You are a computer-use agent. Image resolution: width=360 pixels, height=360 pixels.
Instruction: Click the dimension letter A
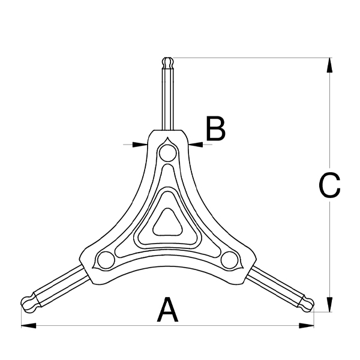click(x=167, y=310)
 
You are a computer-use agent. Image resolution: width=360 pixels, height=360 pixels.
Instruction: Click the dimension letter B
click(x=215, y=128)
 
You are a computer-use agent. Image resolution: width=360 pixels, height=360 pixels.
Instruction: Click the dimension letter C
click(x=329, y=185)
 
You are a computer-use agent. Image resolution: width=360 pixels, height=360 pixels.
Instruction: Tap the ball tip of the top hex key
click(x=168, y=62)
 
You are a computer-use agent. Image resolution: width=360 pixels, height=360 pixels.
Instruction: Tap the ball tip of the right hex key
click(x=307, y=304)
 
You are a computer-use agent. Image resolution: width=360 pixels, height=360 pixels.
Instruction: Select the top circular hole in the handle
click(x=168, y=153)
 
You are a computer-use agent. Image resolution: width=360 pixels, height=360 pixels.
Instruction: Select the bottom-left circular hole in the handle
click(x=106, y=260)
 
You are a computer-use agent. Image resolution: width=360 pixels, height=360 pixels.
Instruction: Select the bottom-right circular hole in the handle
click(x=230, y=260)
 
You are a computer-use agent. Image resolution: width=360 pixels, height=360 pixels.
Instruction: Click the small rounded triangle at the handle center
click(x=168, y=223)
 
